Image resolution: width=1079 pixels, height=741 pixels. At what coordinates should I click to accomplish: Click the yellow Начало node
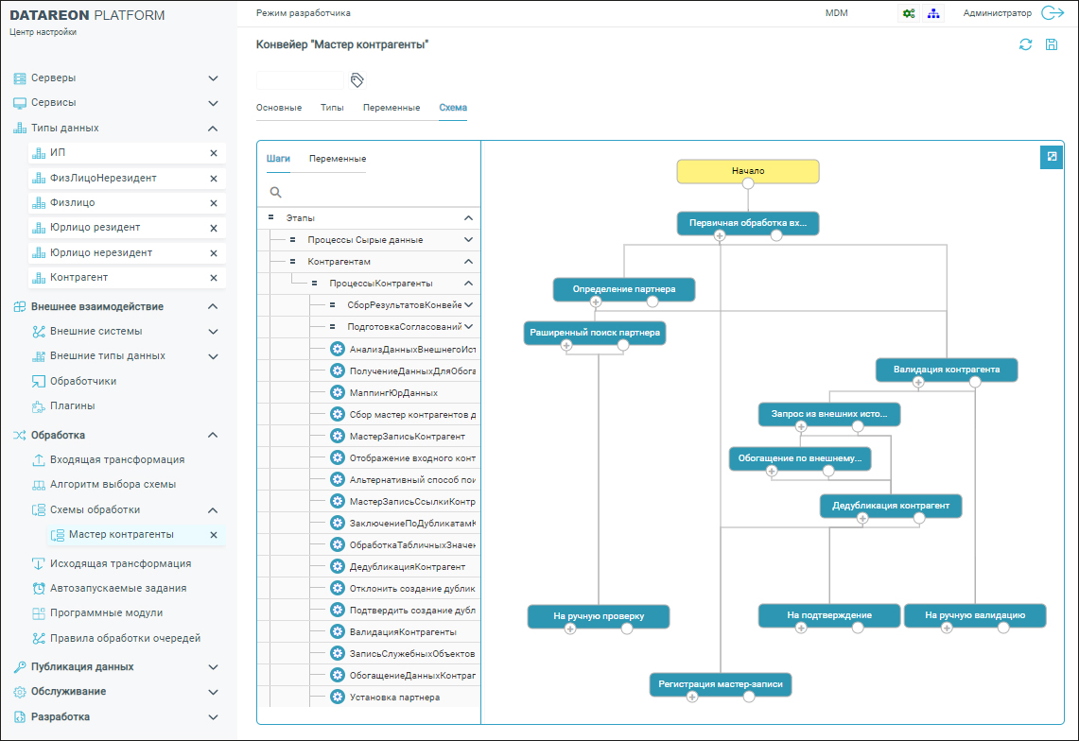pos(748,171)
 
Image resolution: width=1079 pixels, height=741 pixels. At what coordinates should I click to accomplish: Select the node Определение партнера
pos(624,289)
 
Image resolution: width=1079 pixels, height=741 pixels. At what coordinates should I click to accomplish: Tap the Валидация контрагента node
pos(947,370)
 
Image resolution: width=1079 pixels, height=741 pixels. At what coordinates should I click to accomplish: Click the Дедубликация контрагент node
pos(891,506)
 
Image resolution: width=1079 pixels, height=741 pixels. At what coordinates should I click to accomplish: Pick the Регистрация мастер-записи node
pos(721,684)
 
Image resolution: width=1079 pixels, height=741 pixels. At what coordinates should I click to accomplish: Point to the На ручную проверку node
pos(599,616)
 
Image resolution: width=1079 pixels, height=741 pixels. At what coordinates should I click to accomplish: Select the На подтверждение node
pos(829,616)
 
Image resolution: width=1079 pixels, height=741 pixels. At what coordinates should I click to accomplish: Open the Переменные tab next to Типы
pos(392,108)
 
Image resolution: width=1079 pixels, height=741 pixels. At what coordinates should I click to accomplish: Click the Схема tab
pos(453,108)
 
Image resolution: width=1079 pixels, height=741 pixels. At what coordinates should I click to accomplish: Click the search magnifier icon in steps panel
pos(275,193)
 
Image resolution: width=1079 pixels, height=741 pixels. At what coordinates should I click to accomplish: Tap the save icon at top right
pos(1052,44)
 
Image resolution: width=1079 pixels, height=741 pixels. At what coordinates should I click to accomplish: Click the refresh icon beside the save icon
pos(1025,44)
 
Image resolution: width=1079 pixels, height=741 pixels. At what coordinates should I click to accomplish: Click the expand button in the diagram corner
pos(1052,157)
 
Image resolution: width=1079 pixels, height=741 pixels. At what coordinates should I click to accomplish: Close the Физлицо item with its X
pos(214,203)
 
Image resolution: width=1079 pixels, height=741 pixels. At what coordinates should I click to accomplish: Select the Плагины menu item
pos(72,405)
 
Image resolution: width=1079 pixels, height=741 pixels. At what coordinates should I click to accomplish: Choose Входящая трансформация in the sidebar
pos(117,459)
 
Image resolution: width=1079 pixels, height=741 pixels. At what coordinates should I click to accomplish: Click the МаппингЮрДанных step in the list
pos(393,393)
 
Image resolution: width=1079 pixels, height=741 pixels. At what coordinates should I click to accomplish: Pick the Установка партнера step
pos(394,698)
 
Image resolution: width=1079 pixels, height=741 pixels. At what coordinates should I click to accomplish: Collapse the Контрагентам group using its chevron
pos(469,262)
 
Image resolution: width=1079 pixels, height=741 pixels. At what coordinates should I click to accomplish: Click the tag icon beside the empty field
pos(357,80)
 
